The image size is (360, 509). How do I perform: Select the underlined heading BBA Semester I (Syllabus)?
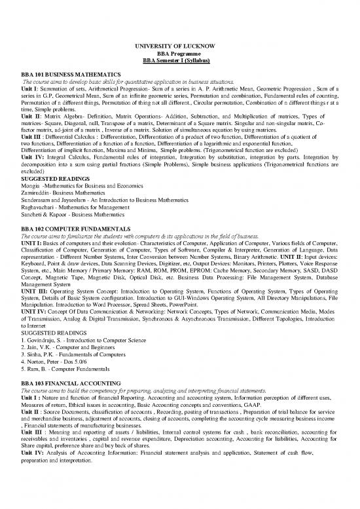tap(179, 60)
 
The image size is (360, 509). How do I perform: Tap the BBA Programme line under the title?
tap(179, 52)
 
